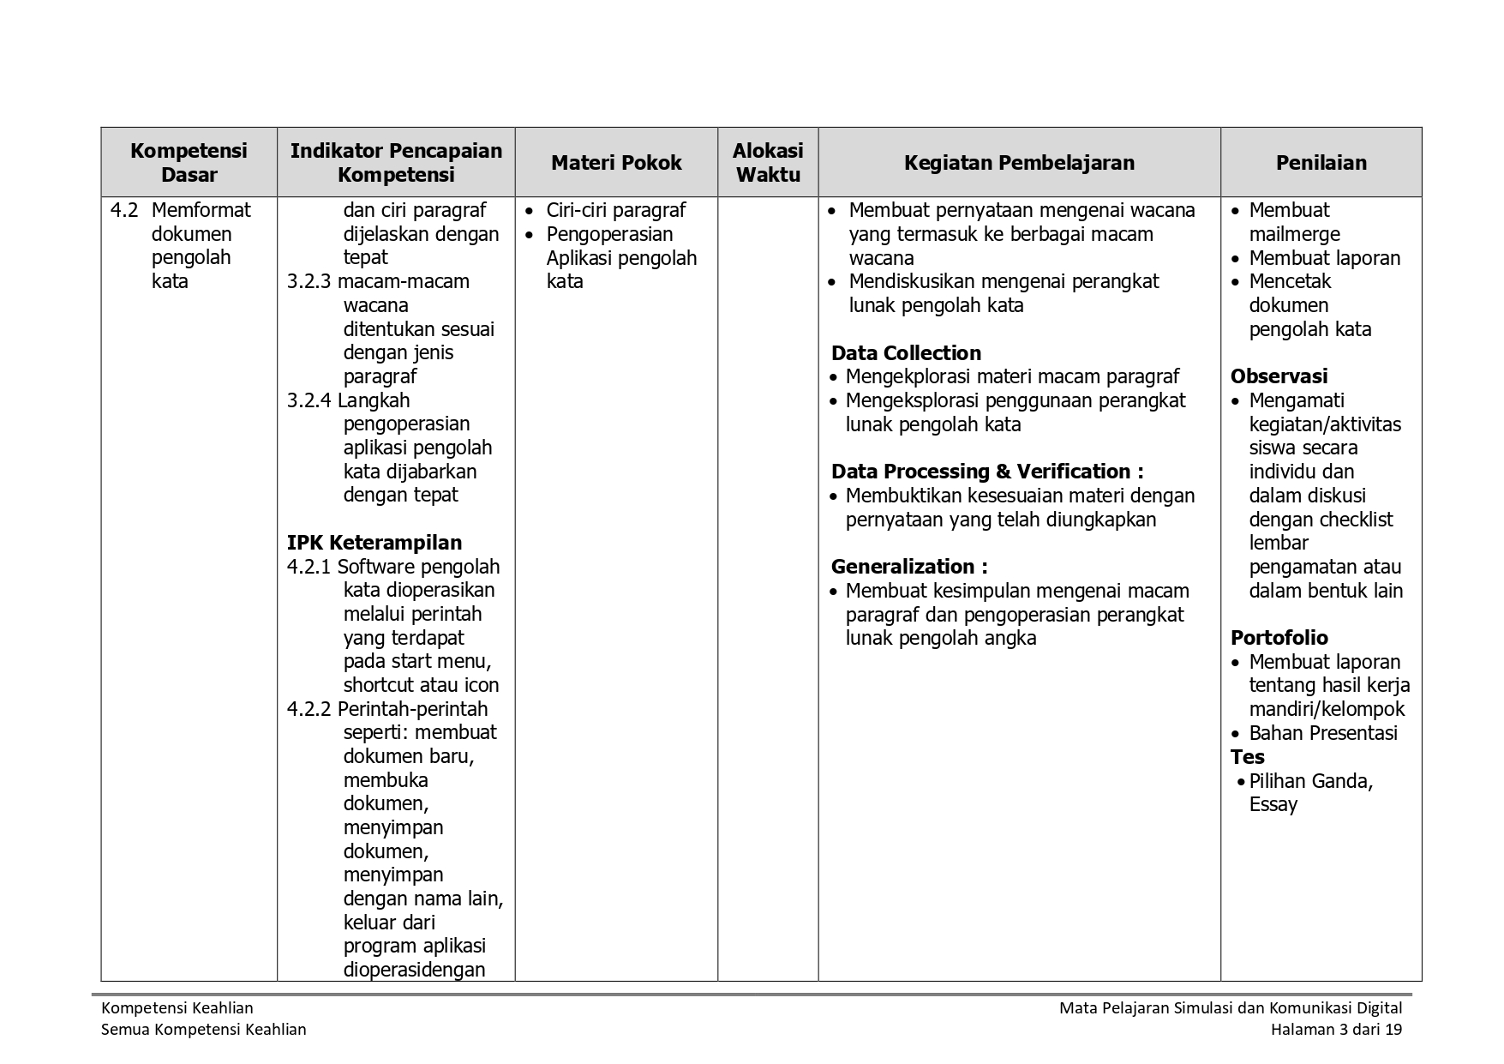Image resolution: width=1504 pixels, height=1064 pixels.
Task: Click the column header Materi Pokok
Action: (616, 163)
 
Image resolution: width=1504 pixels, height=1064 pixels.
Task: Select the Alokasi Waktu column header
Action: (768, 163)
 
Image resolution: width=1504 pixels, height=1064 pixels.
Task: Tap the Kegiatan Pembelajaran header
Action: (1019, 163)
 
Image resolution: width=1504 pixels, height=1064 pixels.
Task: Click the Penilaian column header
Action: (1321, 163)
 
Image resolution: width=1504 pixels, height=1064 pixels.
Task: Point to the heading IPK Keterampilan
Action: (375, 543)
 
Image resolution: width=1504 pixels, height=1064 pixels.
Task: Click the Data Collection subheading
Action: (906, 353)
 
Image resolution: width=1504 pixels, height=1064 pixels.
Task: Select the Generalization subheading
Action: (909, 567)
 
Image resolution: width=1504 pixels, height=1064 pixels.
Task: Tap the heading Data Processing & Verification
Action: (987, 472)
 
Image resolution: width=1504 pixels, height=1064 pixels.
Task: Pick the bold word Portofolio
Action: (1279, 638)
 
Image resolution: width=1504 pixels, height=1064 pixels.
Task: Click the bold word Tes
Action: (1248, 757)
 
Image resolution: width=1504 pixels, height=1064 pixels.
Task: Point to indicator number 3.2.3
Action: (309, 281)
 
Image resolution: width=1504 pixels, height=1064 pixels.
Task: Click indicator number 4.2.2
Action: (309, 709)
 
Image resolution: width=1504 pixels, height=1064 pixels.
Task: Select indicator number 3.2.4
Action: (309, 400)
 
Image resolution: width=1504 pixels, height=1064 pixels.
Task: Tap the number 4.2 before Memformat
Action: (124, 210)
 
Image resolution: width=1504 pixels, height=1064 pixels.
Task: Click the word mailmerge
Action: (1294, 234)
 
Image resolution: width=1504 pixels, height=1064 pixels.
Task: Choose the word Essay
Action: (1273, 804)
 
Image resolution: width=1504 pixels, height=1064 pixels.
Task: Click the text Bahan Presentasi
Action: (1322, 733)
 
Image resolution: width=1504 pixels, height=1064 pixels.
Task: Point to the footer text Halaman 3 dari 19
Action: (1336, 1030)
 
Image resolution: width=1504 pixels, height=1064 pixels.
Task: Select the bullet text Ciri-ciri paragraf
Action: (616, 210)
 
